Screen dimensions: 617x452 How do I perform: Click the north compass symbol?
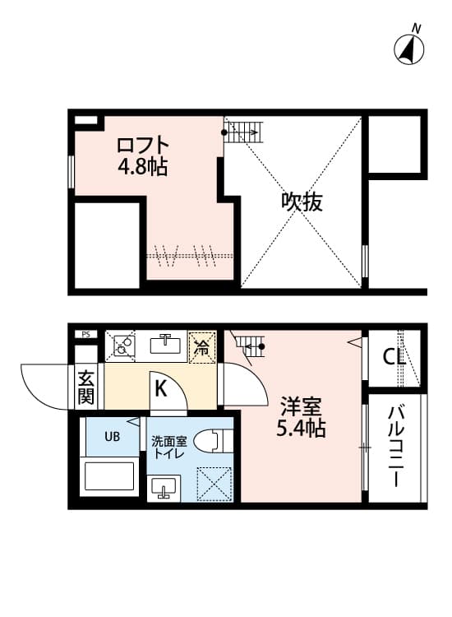(x=410, y=49)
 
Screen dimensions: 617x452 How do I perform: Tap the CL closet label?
(x=395, y=358)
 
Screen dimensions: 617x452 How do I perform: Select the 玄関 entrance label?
(x=85, y=387)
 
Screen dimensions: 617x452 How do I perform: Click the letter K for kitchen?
(x=161, y=387)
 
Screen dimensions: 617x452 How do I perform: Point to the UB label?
(x=111, y=436)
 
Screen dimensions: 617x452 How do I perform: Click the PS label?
(x=85, y=334)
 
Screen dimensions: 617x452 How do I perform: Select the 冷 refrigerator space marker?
(x=201, y=346)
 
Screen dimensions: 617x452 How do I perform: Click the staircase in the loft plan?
(x=244, y=131)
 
